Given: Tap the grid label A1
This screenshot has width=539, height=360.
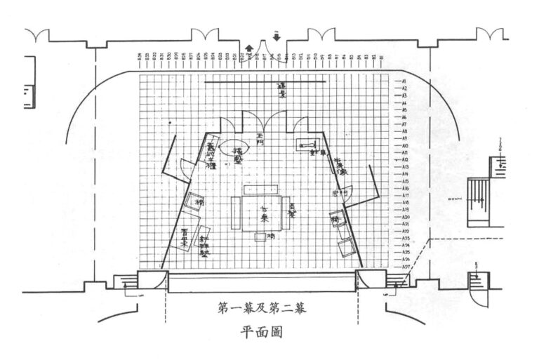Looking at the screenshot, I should (x=404, y=81).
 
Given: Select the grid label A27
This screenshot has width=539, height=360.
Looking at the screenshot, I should (x=406, y=267).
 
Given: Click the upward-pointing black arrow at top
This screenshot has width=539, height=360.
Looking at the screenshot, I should (x=248, y=46).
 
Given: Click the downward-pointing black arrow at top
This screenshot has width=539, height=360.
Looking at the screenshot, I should (x=277, y=37).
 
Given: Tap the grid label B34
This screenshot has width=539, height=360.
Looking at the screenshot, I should (x=139, y=56).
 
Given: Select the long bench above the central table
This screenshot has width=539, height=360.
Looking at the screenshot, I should (x=259, y=189).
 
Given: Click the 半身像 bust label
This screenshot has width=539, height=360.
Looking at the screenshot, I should (x=341, y=166).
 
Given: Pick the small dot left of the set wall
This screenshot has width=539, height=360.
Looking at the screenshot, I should (x=171, y=124).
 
